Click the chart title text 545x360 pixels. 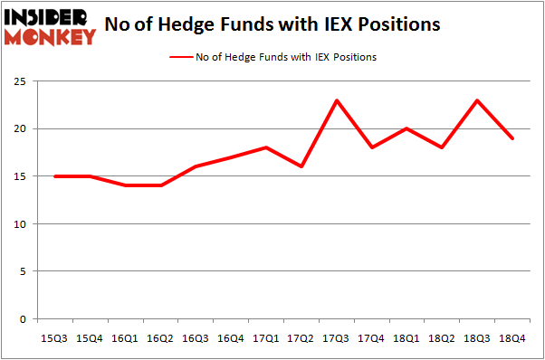[x=272, y=24]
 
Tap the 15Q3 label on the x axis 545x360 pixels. [x=54, y=337]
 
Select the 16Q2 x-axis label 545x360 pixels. [x=160, y=337]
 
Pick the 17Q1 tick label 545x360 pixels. [x=266, y=337]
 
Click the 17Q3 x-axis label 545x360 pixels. [x=337, y=337]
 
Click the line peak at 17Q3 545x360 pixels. [x=337, y=100]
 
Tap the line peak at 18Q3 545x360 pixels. [x=478, y=100]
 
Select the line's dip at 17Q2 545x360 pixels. [x=301, y=166]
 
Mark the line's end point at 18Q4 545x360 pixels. [x=513, y=138]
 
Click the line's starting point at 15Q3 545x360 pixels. [x=54, y=176]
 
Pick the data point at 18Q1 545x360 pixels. [x=407, y=128]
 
